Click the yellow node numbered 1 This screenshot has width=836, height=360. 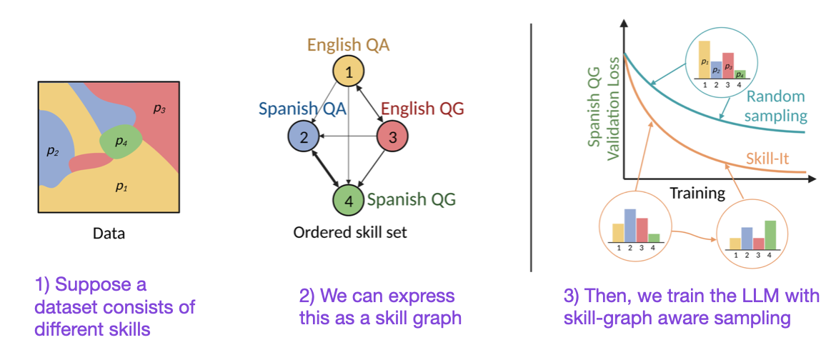click(349, 71)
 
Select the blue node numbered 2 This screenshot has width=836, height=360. click(304, 136)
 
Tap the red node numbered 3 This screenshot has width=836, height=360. click(392, 136)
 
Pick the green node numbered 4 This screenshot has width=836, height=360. click(349, 201)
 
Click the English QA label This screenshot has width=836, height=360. click(349, 45)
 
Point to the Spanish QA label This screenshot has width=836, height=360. click(302, 109)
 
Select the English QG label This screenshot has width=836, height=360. click(422, 109)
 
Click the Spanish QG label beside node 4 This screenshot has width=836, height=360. click(412, 199)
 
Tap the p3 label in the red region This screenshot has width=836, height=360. click(159, 109)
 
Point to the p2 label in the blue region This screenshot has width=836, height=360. click(51, 151)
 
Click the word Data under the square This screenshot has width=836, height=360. click(109, 233)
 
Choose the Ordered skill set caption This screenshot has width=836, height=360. click(350, 233)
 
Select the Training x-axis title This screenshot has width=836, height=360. click(697, 193)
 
